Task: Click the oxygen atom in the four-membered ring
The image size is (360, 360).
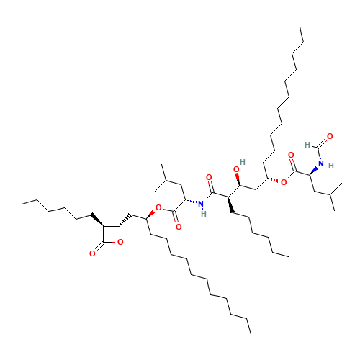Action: click(120, 242)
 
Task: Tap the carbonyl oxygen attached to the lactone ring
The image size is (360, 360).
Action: click(92, 253)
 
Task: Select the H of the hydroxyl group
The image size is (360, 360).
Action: click(243, 162)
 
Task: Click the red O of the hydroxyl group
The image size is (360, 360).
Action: click(236, 169)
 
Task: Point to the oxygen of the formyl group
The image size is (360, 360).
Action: click(330, 136)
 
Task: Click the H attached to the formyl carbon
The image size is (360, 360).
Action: click(307, 145)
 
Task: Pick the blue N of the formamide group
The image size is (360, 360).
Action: click(321, 163)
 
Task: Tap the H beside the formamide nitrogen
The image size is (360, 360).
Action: click(331, 166)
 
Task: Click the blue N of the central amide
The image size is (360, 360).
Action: click(201, 204)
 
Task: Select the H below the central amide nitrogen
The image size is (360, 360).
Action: click(204, 214)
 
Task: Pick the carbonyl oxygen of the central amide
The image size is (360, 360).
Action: click(209, 177)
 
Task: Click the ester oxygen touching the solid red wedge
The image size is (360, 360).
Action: click(158, 207)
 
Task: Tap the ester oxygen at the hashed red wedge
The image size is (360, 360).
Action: click(284, 182)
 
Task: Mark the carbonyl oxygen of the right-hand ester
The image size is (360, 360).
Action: click(291, 155)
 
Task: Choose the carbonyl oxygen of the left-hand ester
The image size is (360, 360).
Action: click(179, 227)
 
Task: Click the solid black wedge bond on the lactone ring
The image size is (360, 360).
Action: click(97, 220)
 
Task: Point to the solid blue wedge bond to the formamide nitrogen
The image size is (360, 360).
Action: click(313, 171)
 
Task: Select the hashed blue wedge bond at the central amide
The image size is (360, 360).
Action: click(192, 202)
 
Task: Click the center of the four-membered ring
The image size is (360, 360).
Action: click(112, 234)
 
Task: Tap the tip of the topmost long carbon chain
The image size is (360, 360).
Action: click(300, 27)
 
